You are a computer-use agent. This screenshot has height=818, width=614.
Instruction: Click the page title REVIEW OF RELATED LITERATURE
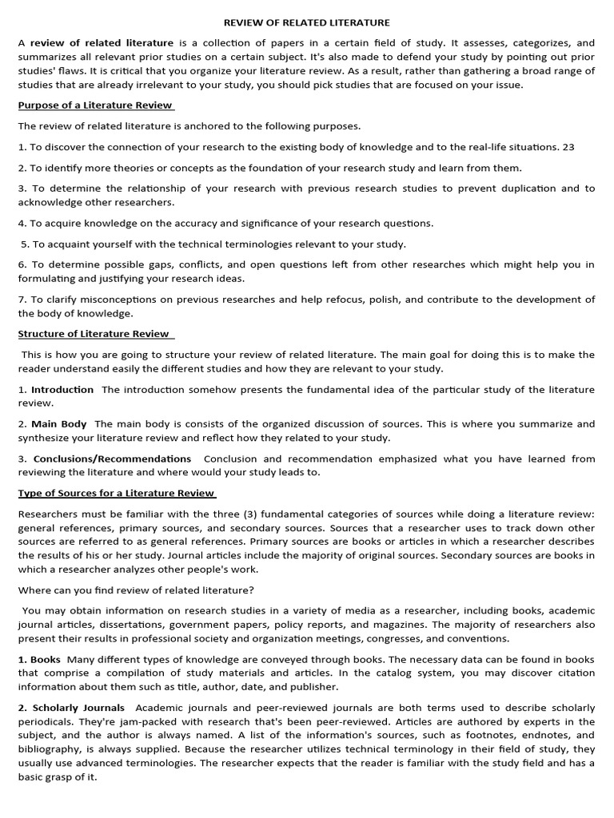coord(307,22)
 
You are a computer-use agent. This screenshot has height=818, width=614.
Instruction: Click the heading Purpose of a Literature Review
coord(96,105)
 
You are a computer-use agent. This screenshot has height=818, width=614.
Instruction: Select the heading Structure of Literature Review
coord(94,334)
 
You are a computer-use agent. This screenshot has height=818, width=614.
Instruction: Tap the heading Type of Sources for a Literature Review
coord(116,493)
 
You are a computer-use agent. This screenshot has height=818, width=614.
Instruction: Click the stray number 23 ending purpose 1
coord(568,147)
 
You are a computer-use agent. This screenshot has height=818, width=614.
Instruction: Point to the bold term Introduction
coord(62,390)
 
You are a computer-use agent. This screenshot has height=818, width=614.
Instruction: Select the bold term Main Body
coord(59,424)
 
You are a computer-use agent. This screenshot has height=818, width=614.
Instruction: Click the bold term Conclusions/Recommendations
coord(112,459)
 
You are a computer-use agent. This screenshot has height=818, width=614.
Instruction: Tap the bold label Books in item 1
coord(46,659)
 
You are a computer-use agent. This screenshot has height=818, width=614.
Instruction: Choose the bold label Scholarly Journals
coord(78,708)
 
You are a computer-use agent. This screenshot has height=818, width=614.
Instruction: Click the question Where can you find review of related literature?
coord(136,590)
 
